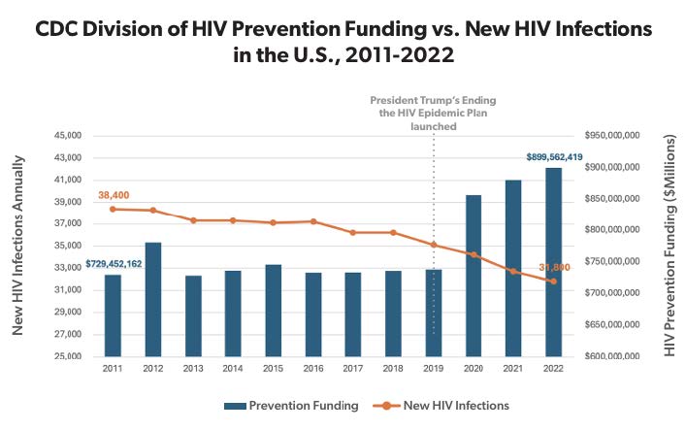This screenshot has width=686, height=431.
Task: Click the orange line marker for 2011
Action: point(114,209)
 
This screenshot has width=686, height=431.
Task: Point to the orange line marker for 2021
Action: point(513,271)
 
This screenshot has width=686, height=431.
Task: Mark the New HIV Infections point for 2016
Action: point(313,221)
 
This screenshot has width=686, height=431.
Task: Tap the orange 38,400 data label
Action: point(114,195)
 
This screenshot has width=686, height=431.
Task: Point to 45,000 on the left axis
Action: point(68,136)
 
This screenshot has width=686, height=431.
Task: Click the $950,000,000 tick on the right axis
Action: point(621,136)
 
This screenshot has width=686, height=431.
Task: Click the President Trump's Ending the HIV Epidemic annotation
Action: point(433,112)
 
